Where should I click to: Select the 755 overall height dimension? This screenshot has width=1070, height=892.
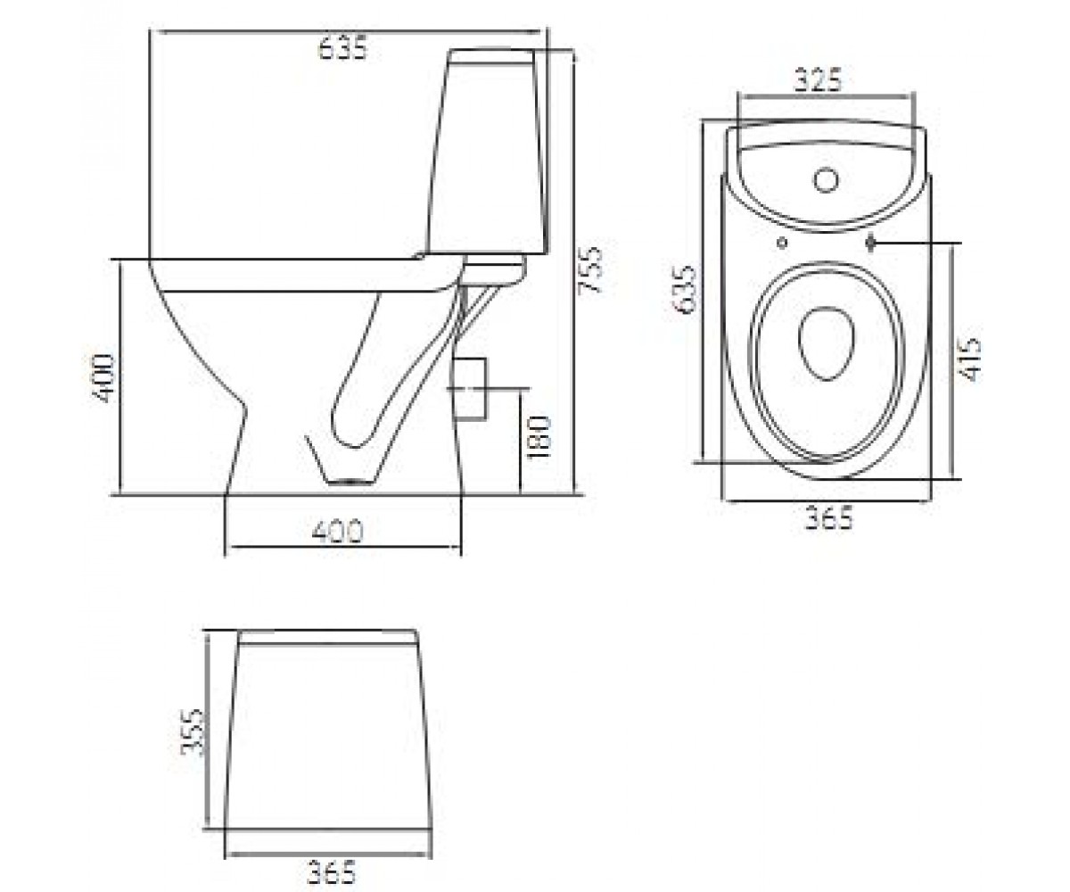click(588, 269)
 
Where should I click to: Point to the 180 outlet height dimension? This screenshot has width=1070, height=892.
click(538, 437)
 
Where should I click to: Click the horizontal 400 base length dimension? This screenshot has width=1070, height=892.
click(337, 532)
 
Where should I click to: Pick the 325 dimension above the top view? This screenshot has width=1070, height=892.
click(818, 80)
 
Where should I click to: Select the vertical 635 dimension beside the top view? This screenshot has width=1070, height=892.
click(685, 289)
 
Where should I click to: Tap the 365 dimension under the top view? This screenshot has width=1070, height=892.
click(828, 517)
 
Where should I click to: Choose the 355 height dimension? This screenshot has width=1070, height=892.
click(193, 731)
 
